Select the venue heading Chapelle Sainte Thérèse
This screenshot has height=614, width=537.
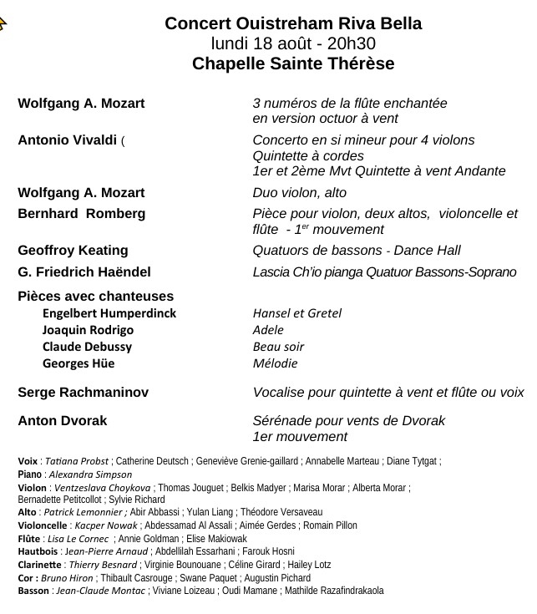coord(293,64)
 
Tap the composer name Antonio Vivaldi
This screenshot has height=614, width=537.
coord(67,140)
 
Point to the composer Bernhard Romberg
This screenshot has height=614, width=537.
coord(81,214)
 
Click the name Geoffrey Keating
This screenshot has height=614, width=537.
coord(73,251)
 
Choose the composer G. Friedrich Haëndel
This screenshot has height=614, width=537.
coord(84,272)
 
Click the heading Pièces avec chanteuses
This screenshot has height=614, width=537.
coord(95,296)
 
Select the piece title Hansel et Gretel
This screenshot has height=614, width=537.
coord(296,313)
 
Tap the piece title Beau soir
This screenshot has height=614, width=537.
coord(278,347)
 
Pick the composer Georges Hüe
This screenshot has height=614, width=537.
coord(79,363)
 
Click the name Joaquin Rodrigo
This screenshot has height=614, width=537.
coord(88,330)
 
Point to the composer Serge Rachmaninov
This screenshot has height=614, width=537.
coord(83,392)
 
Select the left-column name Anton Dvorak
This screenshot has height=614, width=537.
coord(63,420)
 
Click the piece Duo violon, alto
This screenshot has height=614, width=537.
coord(299,193)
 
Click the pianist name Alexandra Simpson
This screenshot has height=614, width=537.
coord(96,474)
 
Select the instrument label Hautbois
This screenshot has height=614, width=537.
coord(37,551)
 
